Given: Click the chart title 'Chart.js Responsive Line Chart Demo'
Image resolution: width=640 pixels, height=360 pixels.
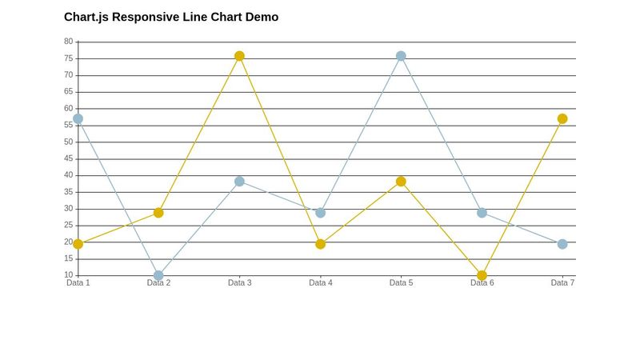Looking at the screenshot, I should coord(171,17).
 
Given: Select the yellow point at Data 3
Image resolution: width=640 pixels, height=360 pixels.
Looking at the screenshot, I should coord(239,56).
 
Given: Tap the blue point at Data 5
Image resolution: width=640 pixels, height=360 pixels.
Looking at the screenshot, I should coord(401,56).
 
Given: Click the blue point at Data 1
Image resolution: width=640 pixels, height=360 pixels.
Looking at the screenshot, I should coord(78,118).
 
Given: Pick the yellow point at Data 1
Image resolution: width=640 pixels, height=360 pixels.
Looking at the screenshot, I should coord(78,244).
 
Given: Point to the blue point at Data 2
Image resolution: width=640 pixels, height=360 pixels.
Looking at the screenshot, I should coord(158,275).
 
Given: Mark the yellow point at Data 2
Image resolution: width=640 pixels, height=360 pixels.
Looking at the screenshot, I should coord(158,213).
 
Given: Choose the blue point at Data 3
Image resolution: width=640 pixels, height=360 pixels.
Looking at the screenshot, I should coord(239,182).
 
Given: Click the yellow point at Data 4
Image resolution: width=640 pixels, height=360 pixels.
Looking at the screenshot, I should coord(320,244).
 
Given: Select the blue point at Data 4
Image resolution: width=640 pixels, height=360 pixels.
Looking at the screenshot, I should coord(320,213).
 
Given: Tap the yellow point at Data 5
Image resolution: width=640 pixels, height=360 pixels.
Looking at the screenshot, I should coord(401,182).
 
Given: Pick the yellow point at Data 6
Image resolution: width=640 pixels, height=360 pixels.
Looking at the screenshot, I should coord(482,275).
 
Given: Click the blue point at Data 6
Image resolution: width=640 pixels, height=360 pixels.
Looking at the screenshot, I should coord(482,213).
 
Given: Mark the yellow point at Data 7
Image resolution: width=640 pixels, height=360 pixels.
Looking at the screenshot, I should coord(562,118).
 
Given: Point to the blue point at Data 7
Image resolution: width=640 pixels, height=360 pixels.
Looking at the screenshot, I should coord(562,244).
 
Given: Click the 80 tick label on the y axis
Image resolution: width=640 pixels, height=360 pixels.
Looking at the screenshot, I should coord(68,42).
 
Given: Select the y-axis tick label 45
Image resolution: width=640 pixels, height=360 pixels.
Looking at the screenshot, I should coord(68,158).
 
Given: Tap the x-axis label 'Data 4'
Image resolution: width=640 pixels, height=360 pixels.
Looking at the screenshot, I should coord(320,282).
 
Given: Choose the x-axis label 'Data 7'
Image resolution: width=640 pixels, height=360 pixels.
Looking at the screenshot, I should coord(562,282).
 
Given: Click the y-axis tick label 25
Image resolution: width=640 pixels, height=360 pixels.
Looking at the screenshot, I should coord(68,226).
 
